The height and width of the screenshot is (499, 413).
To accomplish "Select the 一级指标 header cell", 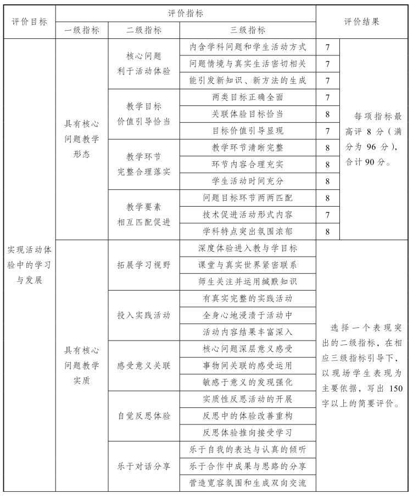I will click(x=82, y=31).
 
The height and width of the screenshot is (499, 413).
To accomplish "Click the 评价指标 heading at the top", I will click(x=185, y=13).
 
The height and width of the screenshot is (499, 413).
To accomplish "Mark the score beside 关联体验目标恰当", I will click(x=327, y=114).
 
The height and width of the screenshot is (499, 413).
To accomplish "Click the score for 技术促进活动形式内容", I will click(x=327, y=214).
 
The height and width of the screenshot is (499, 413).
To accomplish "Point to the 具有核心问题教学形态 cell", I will click(x=82, y=139).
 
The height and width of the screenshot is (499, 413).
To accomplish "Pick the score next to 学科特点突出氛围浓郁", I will click(x=327, y=231).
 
